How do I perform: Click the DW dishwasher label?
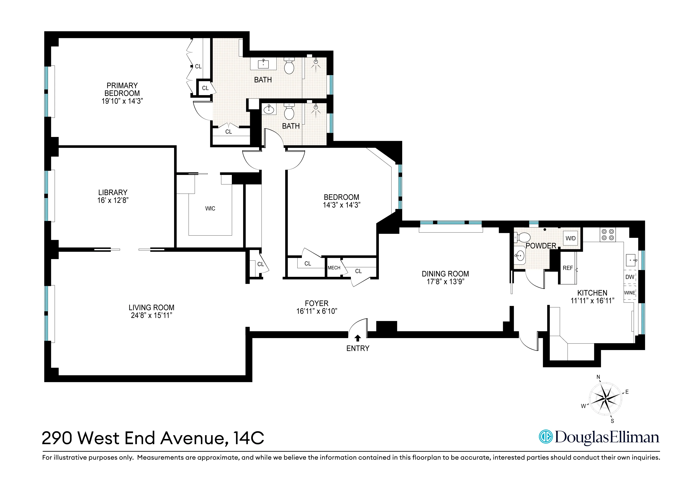630,277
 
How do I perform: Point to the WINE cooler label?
630,293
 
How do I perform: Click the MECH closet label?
334,268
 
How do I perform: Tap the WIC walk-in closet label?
210,209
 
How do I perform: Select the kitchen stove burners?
607,235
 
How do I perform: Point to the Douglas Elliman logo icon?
546,437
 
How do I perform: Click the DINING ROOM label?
445,274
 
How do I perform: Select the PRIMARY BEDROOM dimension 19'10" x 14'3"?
122,101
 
